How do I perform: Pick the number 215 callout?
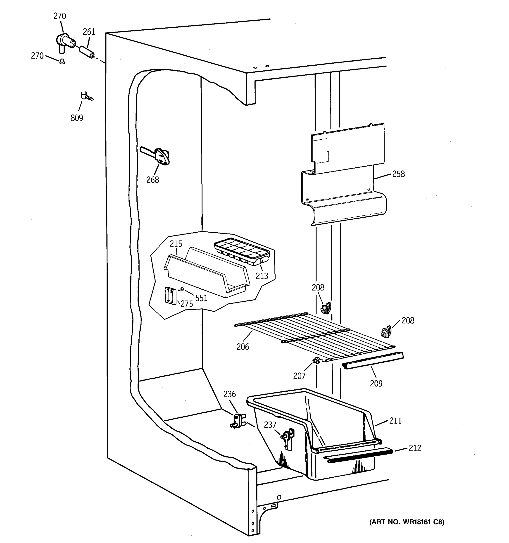click(176, 244)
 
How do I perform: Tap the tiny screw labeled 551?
click(181, 289)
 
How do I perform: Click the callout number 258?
click(398, 174)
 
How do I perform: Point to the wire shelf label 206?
click(243, 347)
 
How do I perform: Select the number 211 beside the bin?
click(395, 421)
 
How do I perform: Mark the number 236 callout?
click(229, 394)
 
